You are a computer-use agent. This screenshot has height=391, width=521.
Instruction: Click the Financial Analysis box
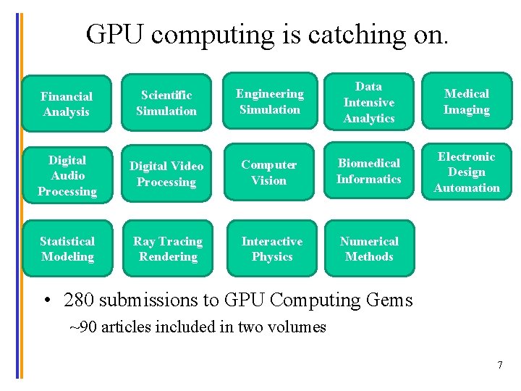point(67,104)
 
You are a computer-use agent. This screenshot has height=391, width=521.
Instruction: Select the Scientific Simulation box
point(166,103)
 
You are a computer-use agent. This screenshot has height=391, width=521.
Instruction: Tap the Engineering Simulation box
point(270,101)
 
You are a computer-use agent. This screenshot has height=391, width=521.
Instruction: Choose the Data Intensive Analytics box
point(369,102)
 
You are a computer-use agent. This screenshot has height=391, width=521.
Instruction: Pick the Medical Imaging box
point(467,101)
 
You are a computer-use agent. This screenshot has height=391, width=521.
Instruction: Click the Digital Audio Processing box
point(67,175)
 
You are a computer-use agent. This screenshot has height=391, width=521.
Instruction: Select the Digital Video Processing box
point(166,174)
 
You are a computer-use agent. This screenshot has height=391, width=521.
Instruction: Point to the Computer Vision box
point(269,172)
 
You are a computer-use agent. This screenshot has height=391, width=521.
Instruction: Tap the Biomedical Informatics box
point(369,171)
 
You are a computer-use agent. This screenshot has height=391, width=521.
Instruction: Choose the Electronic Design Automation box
point(467,172)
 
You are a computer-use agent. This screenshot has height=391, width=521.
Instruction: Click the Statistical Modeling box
point(67,248)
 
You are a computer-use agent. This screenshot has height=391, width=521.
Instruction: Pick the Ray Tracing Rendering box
point(168,248)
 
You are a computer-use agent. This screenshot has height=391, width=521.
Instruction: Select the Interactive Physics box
point(272,248)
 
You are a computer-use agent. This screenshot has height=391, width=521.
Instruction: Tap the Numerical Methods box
point(369,248)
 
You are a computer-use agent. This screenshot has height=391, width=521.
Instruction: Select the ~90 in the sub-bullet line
point(83,327)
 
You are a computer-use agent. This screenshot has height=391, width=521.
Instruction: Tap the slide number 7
point(499,364)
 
